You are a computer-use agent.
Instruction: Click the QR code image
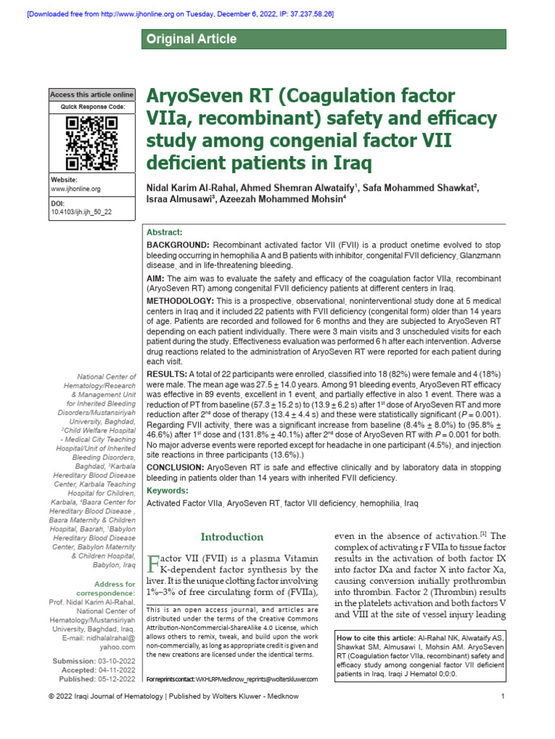coord(91,142)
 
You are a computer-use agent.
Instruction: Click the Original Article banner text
coord(192,39)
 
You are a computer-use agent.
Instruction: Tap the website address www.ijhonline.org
coord(75,188)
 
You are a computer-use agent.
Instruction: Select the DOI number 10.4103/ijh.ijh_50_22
coord(81,213)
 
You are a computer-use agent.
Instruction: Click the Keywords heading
coord(167,490)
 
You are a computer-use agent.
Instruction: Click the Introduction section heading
coord(232,537)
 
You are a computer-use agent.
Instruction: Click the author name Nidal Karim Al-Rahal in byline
coord(192,188)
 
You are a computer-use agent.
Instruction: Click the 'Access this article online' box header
coord(92,95)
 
